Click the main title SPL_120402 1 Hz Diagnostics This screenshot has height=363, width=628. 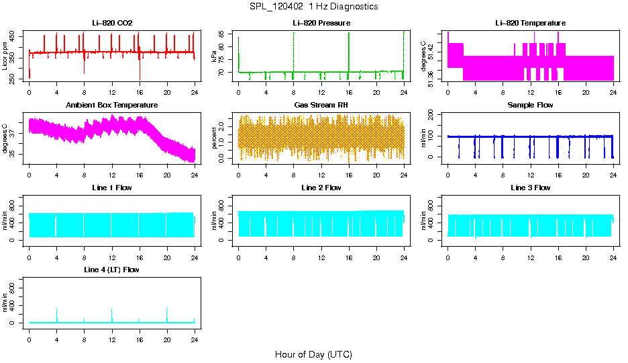[x=313, y=6]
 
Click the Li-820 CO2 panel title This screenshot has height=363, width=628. [x=112, y=23]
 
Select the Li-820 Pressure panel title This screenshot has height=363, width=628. [x=321, y=23]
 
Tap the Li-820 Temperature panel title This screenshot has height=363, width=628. [x=530, y=23]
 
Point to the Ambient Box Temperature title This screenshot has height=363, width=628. [x=112, y=105]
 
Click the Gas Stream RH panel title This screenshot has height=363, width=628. [x=321, y=105]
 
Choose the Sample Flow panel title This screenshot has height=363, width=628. [x=530, y=105]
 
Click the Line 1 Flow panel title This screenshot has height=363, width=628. [x=112, y=188]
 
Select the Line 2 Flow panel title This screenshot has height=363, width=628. [x=321, y=188]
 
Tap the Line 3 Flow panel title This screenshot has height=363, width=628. [x=530, y=188]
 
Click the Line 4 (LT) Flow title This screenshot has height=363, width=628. [x=112, y=270]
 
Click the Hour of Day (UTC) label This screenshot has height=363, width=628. [x=313, y=354]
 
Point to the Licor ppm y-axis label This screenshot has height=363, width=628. [x=5, y=56]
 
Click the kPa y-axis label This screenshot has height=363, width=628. [x=215, y=56]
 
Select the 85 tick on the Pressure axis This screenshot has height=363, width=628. [x=225, y=34]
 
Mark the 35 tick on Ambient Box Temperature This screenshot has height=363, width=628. [x=15, y=154]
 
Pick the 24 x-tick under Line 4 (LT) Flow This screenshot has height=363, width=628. [x=195, y=339]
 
